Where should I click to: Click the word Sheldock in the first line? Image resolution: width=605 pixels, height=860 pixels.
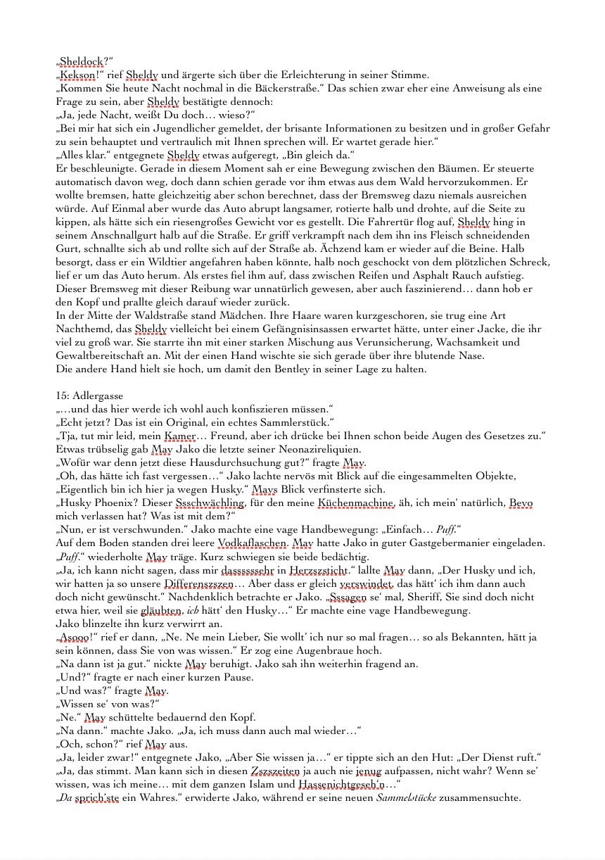pos(83,62)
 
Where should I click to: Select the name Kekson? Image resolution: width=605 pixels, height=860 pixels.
pos(79,75)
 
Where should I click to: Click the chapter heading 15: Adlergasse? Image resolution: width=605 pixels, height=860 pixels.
pos(89,396)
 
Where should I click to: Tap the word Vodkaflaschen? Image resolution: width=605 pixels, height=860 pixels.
pos(253,543)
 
